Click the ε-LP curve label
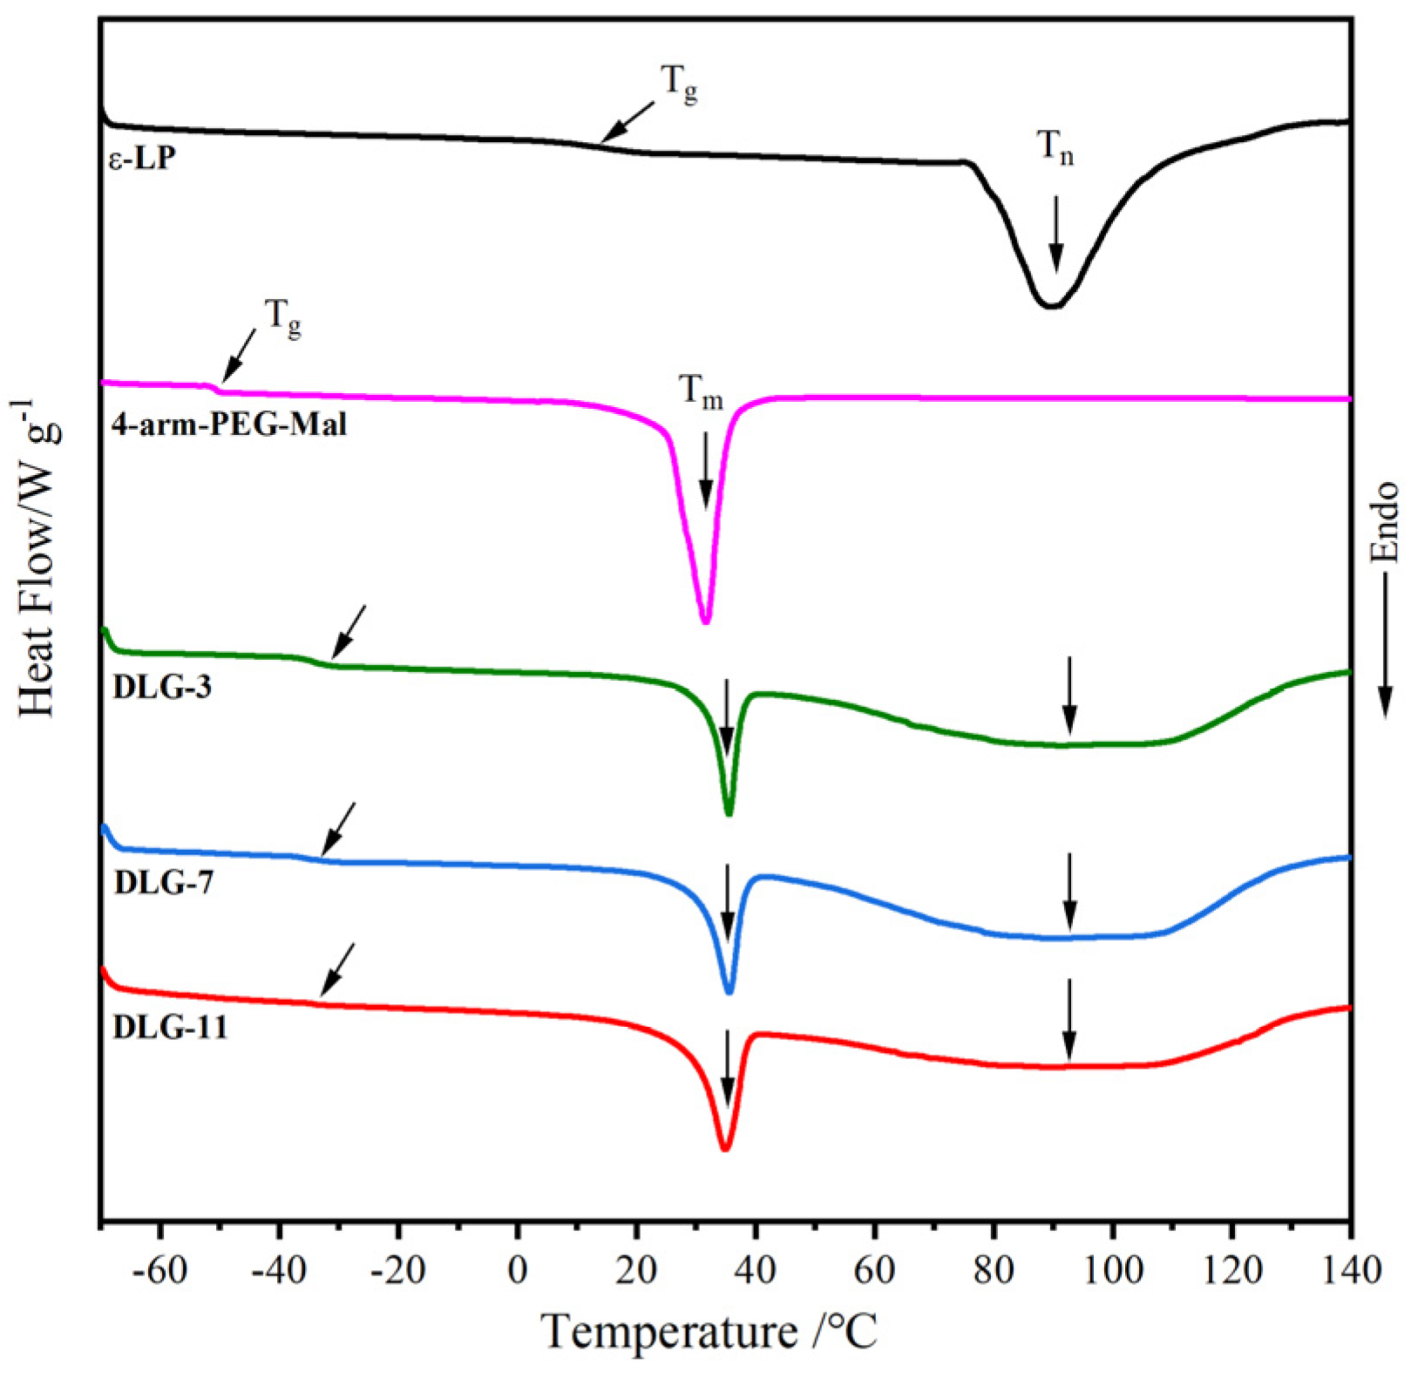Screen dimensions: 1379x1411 point(142,160)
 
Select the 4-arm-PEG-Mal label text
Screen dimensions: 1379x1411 point(228,425)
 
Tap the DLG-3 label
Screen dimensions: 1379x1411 point(162,687)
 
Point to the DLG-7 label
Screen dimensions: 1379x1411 point(164,883)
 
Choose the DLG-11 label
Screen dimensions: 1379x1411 point(171,1027)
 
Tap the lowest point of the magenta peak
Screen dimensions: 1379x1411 point(706,621)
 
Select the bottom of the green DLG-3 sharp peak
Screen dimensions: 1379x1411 point(729,813)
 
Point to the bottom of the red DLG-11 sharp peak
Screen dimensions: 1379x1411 point(725,1149)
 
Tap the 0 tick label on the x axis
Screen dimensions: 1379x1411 point(518,1269)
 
